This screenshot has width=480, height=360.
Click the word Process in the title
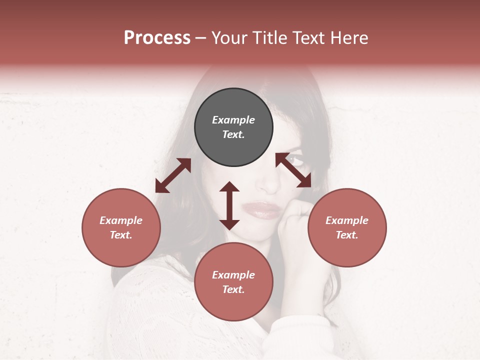[157, 38]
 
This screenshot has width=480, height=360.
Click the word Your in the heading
[229, 38]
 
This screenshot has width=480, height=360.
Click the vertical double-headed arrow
[229, 206]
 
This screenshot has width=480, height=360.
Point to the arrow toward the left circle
[173, 175]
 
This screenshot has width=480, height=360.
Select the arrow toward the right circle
[293, 170]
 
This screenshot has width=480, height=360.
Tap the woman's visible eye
[296, 160]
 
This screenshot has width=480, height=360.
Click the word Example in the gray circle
[233, 120]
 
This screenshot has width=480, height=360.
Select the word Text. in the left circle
[121, 235]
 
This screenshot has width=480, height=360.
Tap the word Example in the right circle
[347, 220]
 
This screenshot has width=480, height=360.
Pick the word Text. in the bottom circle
[233, 289]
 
